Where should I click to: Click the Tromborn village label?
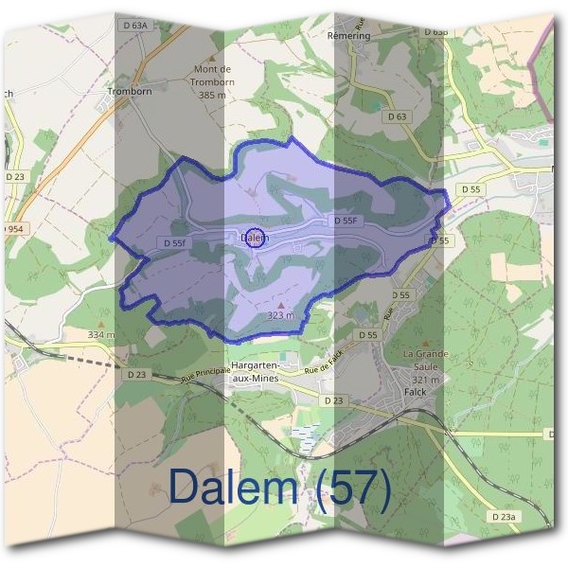click(131, 92)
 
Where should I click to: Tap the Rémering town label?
click(347, 35)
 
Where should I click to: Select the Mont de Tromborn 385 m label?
click(212, 81)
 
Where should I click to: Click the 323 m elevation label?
click(281, 314)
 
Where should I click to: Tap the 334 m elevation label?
click(100, 335)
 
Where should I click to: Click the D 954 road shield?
click(11, 229)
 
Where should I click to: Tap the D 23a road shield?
click(504, 516)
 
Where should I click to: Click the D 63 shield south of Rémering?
click(397, 116)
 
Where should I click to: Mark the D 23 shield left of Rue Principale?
click(135, 375)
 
